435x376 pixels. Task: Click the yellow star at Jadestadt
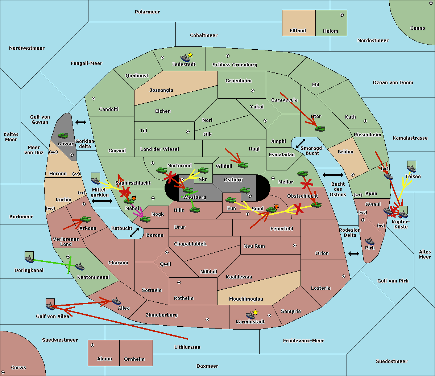coord(190,55)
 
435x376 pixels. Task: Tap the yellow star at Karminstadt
coord(255,312)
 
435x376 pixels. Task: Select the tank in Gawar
coord(63,135)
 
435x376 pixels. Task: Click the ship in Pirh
coord(370,241)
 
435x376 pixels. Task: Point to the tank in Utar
coord(320,128)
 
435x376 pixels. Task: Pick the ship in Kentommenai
coord(80,266)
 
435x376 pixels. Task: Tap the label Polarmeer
coord(147,12)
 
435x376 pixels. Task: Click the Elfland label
coord(298,31)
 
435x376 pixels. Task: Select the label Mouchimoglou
coord(246,299)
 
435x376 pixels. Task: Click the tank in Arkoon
coord(85,219)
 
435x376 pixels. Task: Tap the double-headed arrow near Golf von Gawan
coord(81,122)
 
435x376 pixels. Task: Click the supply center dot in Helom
coord(342,15)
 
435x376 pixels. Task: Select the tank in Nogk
coord(145,219)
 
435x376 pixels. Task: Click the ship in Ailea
coord(116,301)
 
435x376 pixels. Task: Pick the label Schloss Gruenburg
coord(235,65)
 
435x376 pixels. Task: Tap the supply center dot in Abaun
coord(92,345)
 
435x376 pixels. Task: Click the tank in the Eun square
coord(231,200)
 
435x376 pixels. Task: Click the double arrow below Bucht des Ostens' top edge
coord(333,175)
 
